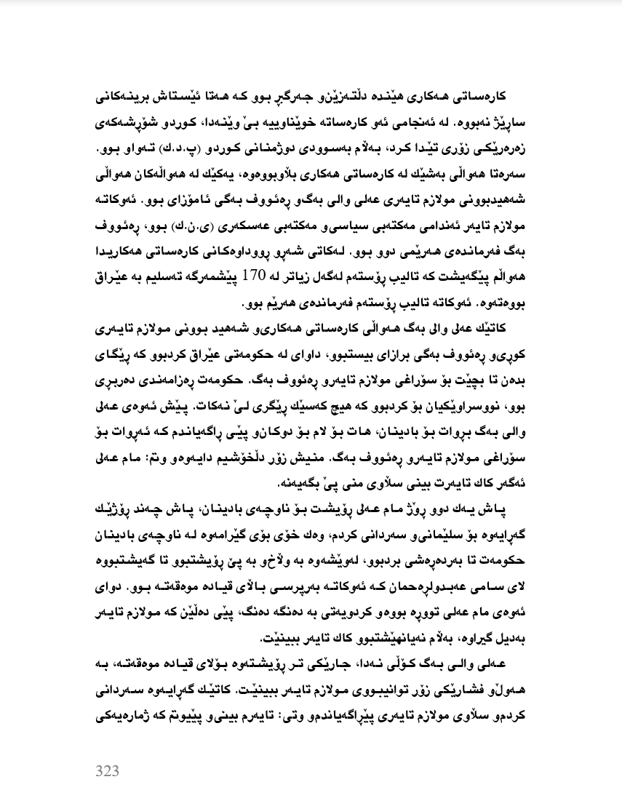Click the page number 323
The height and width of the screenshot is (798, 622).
coord(107,770)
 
